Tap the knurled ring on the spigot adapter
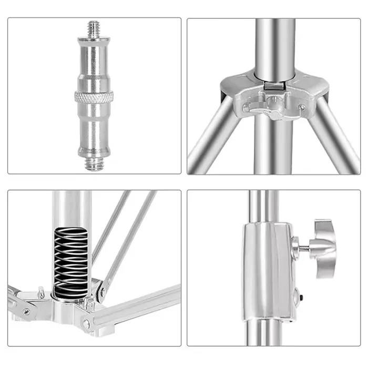95,96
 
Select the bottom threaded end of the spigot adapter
95,163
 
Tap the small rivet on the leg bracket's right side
302,107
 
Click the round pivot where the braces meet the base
100,289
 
